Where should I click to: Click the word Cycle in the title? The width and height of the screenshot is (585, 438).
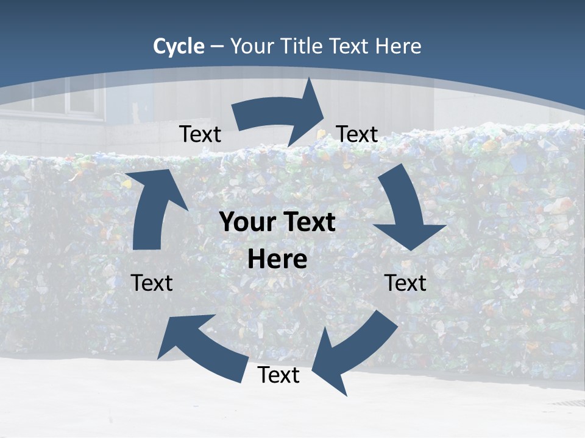(x=179, y=46)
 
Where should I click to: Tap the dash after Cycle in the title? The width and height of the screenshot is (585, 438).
(x=217, y=47)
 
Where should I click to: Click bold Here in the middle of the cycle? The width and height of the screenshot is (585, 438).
(x=277, y=260)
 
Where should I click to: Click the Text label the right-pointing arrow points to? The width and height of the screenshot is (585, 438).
(x=357, y=134)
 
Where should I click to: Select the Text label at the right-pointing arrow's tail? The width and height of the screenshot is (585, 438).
(x=200, y=134)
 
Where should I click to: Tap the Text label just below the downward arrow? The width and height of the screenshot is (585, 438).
(x=405, y=283)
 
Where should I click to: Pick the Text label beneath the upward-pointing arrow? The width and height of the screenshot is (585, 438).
(x=152, y=283)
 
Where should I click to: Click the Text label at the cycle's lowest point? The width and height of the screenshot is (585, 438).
(x=278, y=375)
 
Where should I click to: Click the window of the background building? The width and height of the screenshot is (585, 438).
(x=61, y=97)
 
